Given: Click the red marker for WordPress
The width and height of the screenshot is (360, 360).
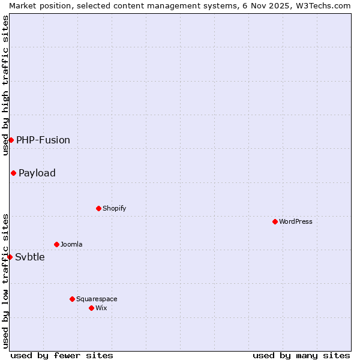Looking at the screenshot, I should (x=275, y=221).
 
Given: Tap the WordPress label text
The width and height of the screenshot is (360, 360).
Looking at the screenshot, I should (x=296, y=221).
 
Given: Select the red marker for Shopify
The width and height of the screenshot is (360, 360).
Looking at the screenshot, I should (x=98, y=208).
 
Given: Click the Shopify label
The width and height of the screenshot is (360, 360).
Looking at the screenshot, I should (x=114, y=208).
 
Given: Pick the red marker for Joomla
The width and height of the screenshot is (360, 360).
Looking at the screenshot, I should (x=56, y=244).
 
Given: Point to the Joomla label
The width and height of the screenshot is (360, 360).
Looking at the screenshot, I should (x=71, y=244).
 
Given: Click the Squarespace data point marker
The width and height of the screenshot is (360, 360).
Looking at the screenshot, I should (x=72, y=299).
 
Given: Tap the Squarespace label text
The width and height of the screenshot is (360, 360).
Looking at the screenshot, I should (x=97, y=299).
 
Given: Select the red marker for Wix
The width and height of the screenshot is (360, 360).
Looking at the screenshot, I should (x=91, y=308).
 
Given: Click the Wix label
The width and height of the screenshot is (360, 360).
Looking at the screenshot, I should (x=101, y=308).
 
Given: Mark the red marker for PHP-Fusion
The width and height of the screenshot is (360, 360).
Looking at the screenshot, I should (x=11, y=140).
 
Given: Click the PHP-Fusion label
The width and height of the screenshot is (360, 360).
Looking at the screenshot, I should (x=43, y=140).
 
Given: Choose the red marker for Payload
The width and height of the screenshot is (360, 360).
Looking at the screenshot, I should (x=13, y=173).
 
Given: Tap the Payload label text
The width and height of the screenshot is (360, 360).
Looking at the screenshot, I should (x=37, y=173).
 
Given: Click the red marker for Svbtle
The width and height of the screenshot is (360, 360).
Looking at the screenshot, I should (x=10, y=257).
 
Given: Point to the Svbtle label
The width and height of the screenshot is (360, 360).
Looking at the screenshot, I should (x=30, y=257).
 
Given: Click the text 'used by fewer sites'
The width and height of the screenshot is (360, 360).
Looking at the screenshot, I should (x=62, y=355).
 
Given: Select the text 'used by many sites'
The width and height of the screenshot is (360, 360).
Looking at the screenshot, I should (x=301, y=355).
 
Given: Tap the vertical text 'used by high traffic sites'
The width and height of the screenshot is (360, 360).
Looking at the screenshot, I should (x=5, y=85).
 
